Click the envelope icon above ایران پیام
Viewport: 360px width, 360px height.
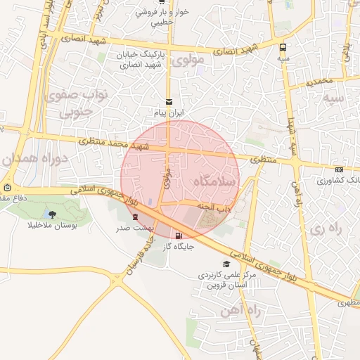click(168, 102)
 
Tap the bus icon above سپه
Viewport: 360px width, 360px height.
click(283, 47)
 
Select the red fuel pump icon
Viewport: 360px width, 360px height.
click(178, 236)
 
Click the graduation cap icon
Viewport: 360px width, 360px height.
click(226, 264)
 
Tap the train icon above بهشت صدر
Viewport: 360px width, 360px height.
click(135, 217)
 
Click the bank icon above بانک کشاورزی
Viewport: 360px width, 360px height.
click(340, 169)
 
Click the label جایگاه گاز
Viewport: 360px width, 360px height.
click(178, 247)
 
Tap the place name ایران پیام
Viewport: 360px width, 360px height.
click(168, 112)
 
